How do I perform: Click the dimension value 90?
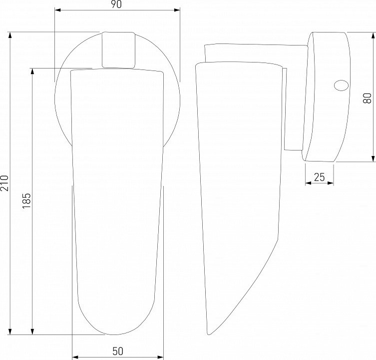pyautogui.click(x=116, y=4)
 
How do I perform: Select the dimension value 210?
pyautogui.click(x=4, y=183)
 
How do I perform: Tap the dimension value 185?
pyautogui.click(x=27, y=200)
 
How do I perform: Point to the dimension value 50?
pyautogui.click(x=118, y=351)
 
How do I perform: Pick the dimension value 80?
pyautogui.click(x=367, y=98)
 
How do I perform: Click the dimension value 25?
pyautogui.click(x=320, y=177)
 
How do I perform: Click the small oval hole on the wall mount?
pyautogui.click(x=341, y=85)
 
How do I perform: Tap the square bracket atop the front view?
pyautogui.click(x=118, y=50)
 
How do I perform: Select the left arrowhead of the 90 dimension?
pyautogui.click(x=58, y=10)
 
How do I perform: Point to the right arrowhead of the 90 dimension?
pyautogui.click(x=177, y=10)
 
